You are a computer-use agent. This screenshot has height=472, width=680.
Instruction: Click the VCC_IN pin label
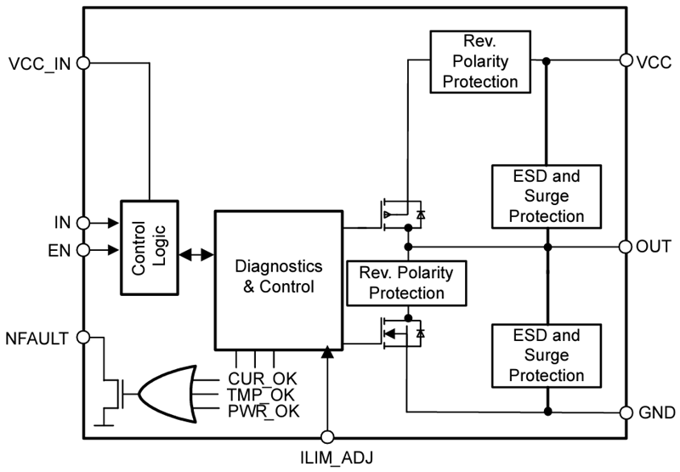pyautogui.click(x=38, y=63)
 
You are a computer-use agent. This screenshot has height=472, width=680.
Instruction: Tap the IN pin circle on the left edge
pyautogui.click(x=83, y=224)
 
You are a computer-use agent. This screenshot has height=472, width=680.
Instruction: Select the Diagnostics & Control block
pyautogui.click(x=278, y=276)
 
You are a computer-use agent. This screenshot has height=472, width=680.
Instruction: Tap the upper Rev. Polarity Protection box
pyautogui.click(x=479, y=61)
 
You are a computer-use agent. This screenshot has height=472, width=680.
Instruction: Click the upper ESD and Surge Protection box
pyautogui.click(x=547, y=196)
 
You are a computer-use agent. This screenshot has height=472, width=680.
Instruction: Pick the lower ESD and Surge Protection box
pyautogui.click(x=547, y=354)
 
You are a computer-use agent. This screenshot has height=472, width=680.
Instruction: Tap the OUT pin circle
pyautogui.click(x=626, y=247)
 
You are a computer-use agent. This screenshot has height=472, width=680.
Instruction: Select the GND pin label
pyautogui.click(x=655, y=412)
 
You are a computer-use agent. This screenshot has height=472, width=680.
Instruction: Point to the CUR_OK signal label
pyautogui.click(x=260, y=378)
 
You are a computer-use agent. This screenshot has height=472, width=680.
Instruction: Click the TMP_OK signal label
pyautogui.click(x=260, y=395)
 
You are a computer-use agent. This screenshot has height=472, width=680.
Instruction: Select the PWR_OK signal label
pyautogui.click(x=260, y=412)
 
